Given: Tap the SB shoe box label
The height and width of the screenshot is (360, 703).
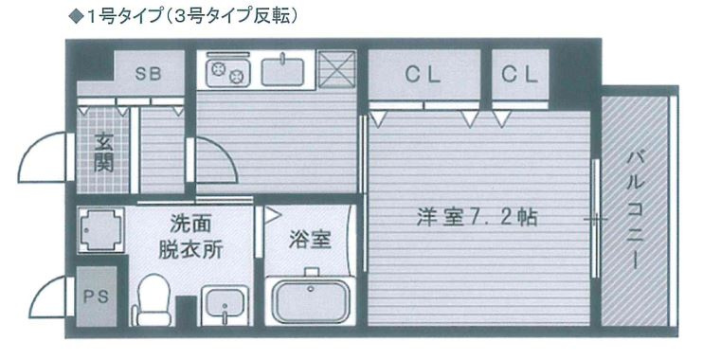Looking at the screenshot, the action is [148, 74].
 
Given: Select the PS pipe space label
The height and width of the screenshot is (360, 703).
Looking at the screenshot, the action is [97, 296].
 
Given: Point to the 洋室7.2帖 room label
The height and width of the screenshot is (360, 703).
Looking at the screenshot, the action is [478, 218].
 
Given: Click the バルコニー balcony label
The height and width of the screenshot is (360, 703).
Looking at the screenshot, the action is [636, 209].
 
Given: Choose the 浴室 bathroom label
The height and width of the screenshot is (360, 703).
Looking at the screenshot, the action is [310, 239].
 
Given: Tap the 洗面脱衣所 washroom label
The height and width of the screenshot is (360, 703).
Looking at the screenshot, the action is [190, 237].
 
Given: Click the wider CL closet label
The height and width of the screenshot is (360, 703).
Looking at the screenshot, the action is [423, 75].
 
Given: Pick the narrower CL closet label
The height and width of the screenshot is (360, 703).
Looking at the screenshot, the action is [519, 75].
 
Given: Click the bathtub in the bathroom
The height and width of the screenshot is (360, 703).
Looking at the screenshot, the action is [310, 299].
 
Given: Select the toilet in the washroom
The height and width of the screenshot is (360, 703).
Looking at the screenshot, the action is [153, 299].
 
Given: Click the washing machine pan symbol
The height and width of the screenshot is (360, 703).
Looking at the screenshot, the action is [100, 229].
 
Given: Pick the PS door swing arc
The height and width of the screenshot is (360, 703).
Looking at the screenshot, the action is [43, 287].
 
